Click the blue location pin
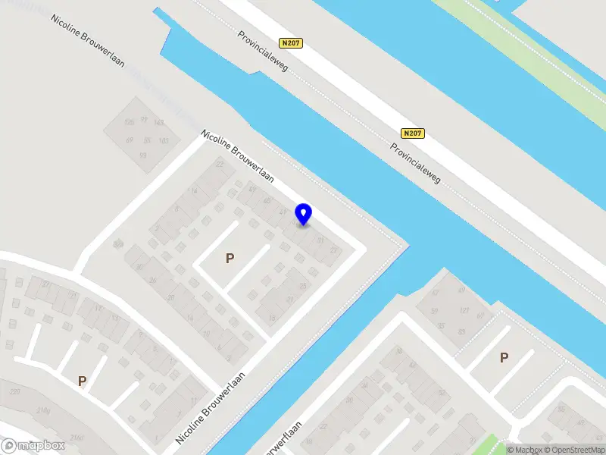304,214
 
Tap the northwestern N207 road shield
292,43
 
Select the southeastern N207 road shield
412,133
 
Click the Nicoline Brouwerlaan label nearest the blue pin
236,155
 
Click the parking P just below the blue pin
230,259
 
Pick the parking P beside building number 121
504,357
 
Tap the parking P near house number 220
82,381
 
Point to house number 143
159,123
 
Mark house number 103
163,141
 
